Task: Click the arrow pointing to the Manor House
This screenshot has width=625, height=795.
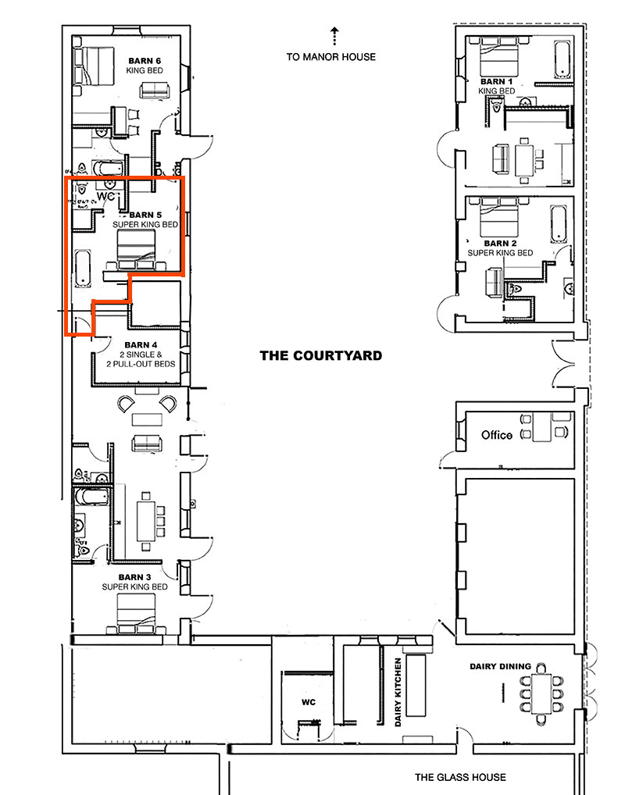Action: tap(334, 35)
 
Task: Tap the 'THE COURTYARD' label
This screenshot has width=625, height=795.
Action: tap(321, 355)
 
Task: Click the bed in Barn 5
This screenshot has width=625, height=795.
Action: tap(137, 250)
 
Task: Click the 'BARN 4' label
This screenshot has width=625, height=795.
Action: tap(141, 345)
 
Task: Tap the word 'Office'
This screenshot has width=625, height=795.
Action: tap(497, 435)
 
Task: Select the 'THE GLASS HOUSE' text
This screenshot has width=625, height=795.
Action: tap(460, 777)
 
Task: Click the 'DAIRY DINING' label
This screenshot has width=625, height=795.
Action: tap(500, 666)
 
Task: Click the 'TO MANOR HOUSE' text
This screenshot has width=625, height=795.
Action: tap(330, 56)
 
